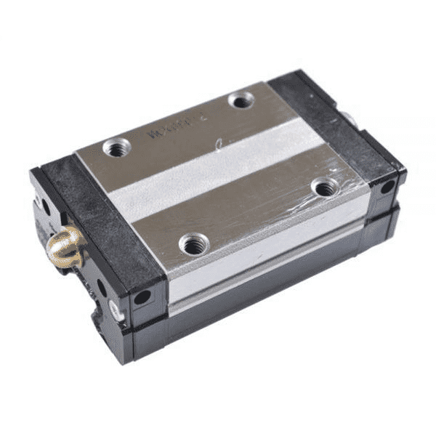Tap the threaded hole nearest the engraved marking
(117, 148)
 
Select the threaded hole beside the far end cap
(241, 100)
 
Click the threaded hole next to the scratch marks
(324, 187)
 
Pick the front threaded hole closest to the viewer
(193, 245)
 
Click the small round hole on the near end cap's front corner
(142, 296)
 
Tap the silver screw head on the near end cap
(114, 310)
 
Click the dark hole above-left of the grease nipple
(45, 207)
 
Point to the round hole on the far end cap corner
(387, 187)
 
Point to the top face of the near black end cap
(102, 218)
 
